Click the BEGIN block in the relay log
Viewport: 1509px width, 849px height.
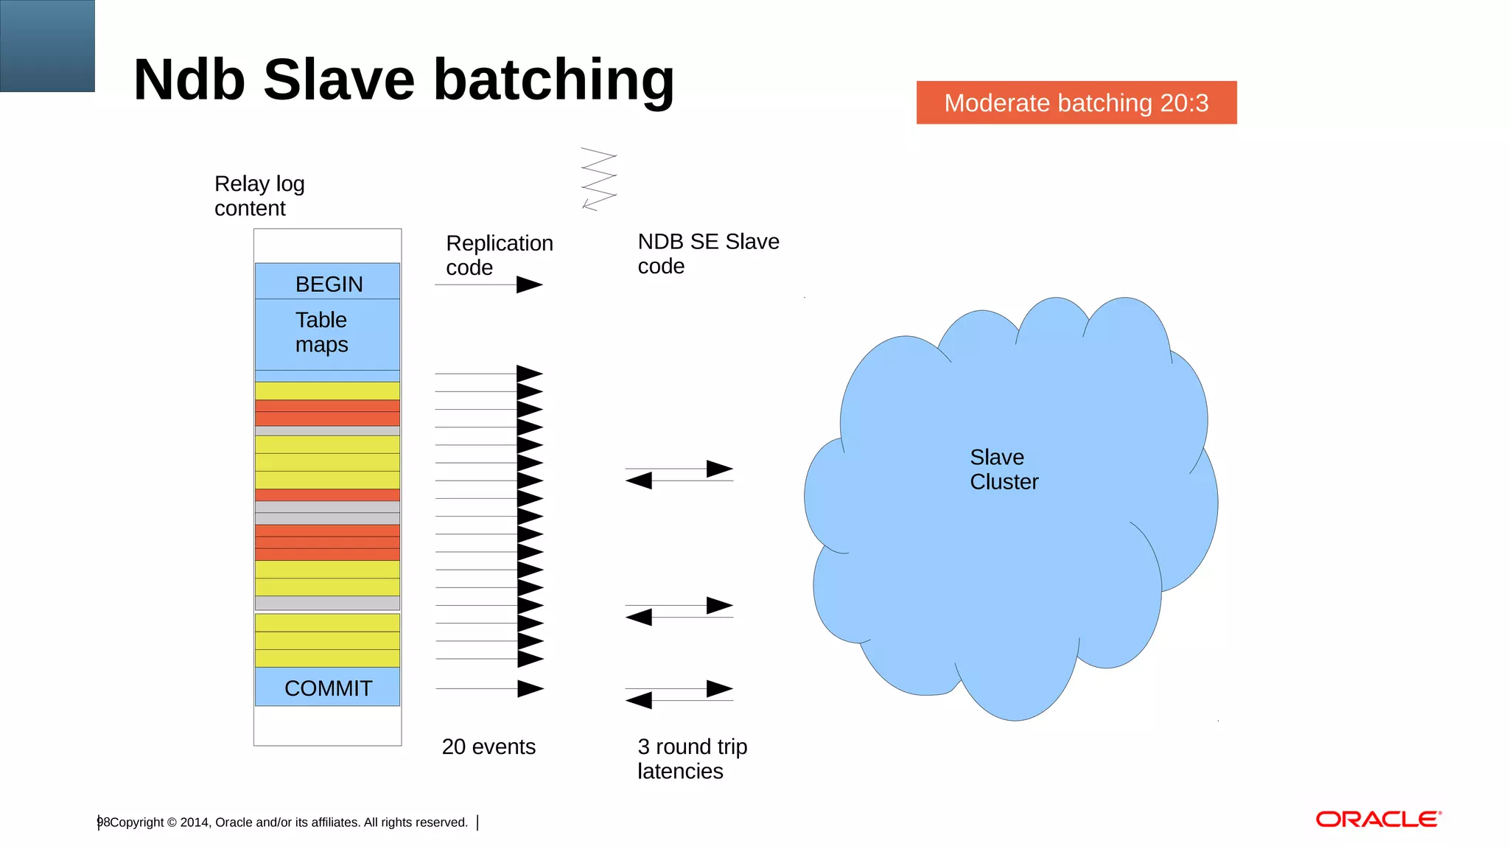[328, 282]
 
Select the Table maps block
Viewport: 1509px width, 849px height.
[328, 333]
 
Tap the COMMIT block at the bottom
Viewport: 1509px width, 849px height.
[328, 687]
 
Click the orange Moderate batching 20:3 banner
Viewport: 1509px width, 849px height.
[1076, 102]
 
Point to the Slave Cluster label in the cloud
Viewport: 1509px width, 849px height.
[1003, 469]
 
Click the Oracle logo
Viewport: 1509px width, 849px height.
[1378, 820]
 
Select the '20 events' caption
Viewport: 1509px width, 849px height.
[489, 747]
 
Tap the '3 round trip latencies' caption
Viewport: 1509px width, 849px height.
[691, 758]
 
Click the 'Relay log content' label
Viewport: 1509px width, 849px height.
[259, 195]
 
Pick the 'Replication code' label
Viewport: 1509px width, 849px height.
[499, 254]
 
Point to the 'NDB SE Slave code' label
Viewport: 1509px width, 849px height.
[707, 253]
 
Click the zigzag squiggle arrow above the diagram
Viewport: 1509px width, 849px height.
[599, 179]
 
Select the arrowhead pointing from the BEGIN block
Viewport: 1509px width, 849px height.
[529, 284]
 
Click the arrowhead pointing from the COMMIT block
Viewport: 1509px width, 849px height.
[530, 688]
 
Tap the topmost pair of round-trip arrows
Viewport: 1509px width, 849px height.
[679, 475]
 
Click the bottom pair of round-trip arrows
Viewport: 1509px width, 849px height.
[679, 694]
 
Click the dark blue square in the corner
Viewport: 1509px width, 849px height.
[47, 46]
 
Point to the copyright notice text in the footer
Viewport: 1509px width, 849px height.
[288, 822]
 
